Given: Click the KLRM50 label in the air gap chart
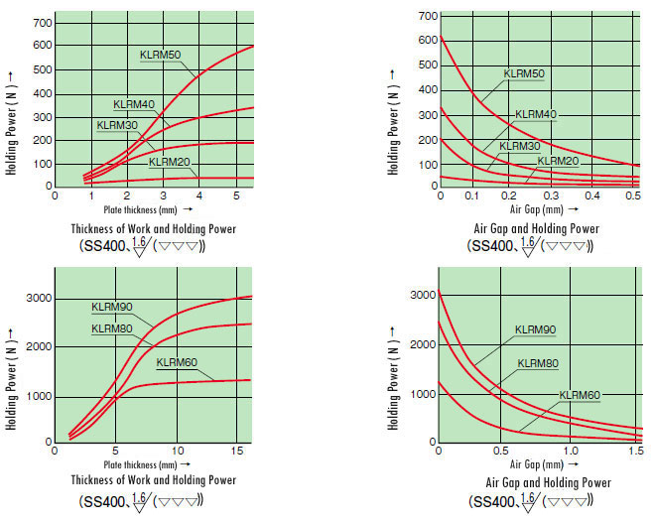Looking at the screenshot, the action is (x=524, y=73).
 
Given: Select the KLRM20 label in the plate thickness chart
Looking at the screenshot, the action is (x=170, y=162).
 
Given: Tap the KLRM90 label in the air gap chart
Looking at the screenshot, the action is (x=535, y=329).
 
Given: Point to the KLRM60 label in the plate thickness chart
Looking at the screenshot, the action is (x=177, y=362).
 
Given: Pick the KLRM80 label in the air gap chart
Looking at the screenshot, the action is (x=538, y=364).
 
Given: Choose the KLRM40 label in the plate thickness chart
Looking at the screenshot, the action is (x=134, y=104).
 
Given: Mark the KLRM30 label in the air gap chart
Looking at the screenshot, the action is (x=520, y=146).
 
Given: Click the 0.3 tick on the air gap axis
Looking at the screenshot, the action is (x=551, y=196).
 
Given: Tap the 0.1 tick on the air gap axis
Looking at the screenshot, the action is (x=472, y=196).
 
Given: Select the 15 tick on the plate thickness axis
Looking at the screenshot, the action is (x=237, y=451).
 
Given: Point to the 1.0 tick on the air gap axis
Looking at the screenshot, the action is (x=571, y=451).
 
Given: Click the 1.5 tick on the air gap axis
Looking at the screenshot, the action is (x=636, y=451).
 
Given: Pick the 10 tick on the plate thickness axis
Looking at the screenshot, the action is (x=178, y=451).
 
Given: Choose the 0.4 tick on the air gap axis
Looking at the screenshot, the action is (x=591, y=196).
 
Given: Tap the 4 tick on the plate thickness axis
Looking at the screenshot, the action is (x=199, y=196).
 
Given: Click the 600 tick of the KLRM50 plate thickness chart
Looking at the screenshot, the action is (x=43, y=45).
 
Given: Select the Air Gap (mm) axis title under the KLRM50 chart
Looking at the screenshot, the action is (x=536, y=209).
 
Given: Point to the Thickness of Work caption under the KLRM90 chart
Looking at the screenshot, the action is (x=153, y=480).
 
